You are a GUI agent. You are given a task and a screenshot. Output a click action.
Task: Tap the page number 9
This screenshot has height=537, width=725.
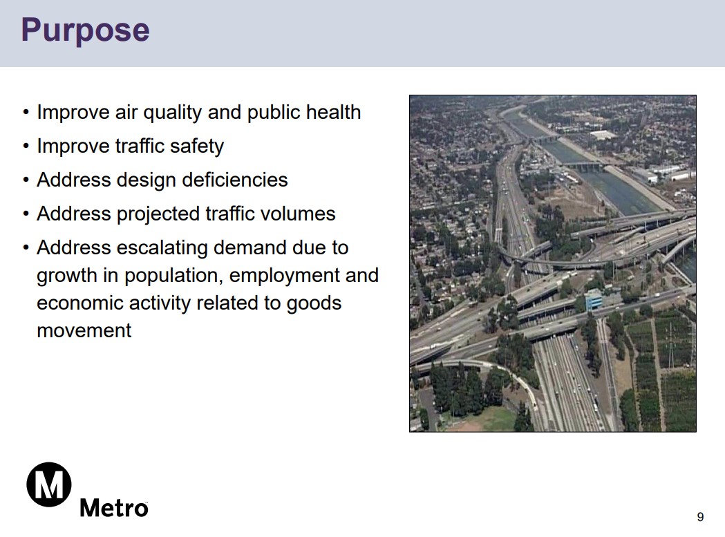coord(701,517)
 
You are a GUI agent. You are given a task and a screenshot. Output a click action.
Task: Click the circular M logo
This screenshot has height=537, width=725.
coord(49,484)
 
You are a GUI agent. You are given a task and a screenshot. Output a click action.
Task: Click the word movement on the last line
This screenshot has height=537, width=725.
coord(84,331)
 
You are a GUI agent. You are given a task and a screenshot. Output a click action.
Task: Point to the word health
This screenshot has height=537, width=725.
coord(333,112)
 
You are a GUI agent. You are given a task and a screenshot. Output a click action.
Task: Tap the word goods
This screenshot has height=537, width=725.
coord(314,303)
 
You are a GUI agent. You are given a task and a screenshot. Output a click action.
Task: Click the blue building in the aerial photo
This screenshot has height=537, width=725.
coord(594,299)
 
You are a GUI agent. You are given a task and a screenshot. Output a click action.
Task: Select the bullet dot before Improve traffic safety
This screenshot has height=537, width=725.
coord(26,147)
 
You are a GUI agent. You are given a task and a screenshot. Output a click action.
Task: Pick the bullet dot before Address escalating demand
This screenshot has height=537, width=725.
coord(26,248)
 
